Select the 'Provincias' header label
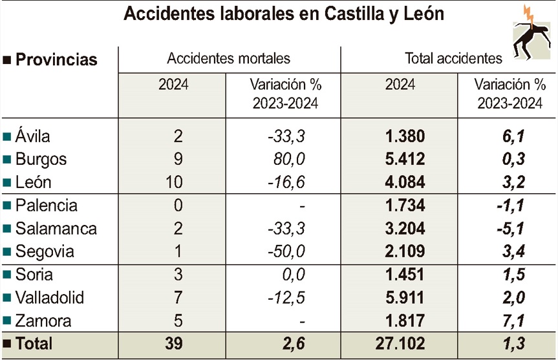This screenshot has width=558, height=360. click(x=56, y=60)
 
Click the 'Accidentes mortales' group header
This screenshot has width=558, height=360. click(x=229, y=58)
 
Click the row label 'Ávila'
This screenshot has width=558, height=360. click(x=33, y=136)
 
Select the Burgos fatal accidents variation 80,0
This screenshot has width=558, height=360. click(x=288, y=159)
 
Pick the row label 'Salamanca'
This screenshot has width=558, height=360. click(x=56, y=229)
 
